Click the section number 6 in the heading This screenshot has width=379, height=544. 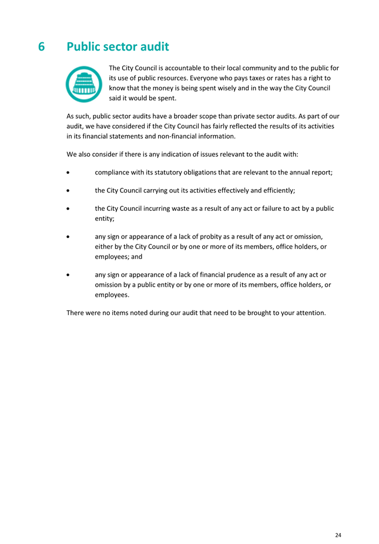tap(42, 46)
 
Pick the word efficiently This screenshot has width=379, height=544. tap(274, 191)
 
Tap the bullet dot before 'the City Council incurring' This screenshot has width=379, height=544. tap(70, 208)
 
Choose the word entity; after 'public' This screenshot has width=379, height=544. tap(104, 218)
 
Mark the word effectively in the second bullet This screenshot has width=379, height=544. tap(224, 191)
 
